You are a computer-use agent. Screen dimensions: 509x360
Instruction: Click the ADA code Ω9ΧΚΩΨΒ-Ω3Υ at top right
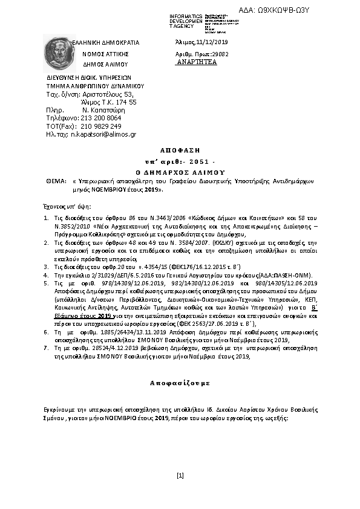pyautogui.click(x=317, y=10)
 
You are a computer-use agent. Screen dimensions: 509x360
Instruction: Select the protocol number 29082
pyautogui.click(x=218, y=54)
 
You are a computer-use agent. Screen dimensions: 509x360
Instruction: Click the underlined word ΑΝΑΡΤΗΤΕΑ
pyautogui.click(x=195, y=62)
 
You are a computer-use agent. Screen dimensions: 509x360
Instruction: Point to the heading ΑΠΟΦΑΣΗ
pyautogui.click(x=180, y=149)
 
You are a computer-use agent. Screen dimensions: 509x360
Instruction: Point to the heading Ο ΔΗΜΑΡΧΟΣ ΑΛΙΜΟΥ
pyautogui.click(x=180, y=172)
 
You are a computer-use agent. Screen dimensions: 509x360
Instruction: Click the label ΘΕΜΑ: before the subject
pyautogui.click(x=56, y=181)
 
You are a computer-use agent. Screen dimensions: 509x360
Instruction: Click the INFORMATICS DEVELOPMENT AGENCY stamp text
pyautogui.click(x=185, y=21)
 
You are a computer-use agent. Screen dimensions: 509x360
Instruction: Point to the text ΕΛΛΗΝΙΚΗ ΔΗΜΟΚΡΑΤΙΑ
pyautogui.click(x=106, y=43)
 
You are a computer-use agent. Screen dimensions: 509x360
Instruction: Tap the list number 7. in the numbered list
pyautogui.click(x=48, y=349)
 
